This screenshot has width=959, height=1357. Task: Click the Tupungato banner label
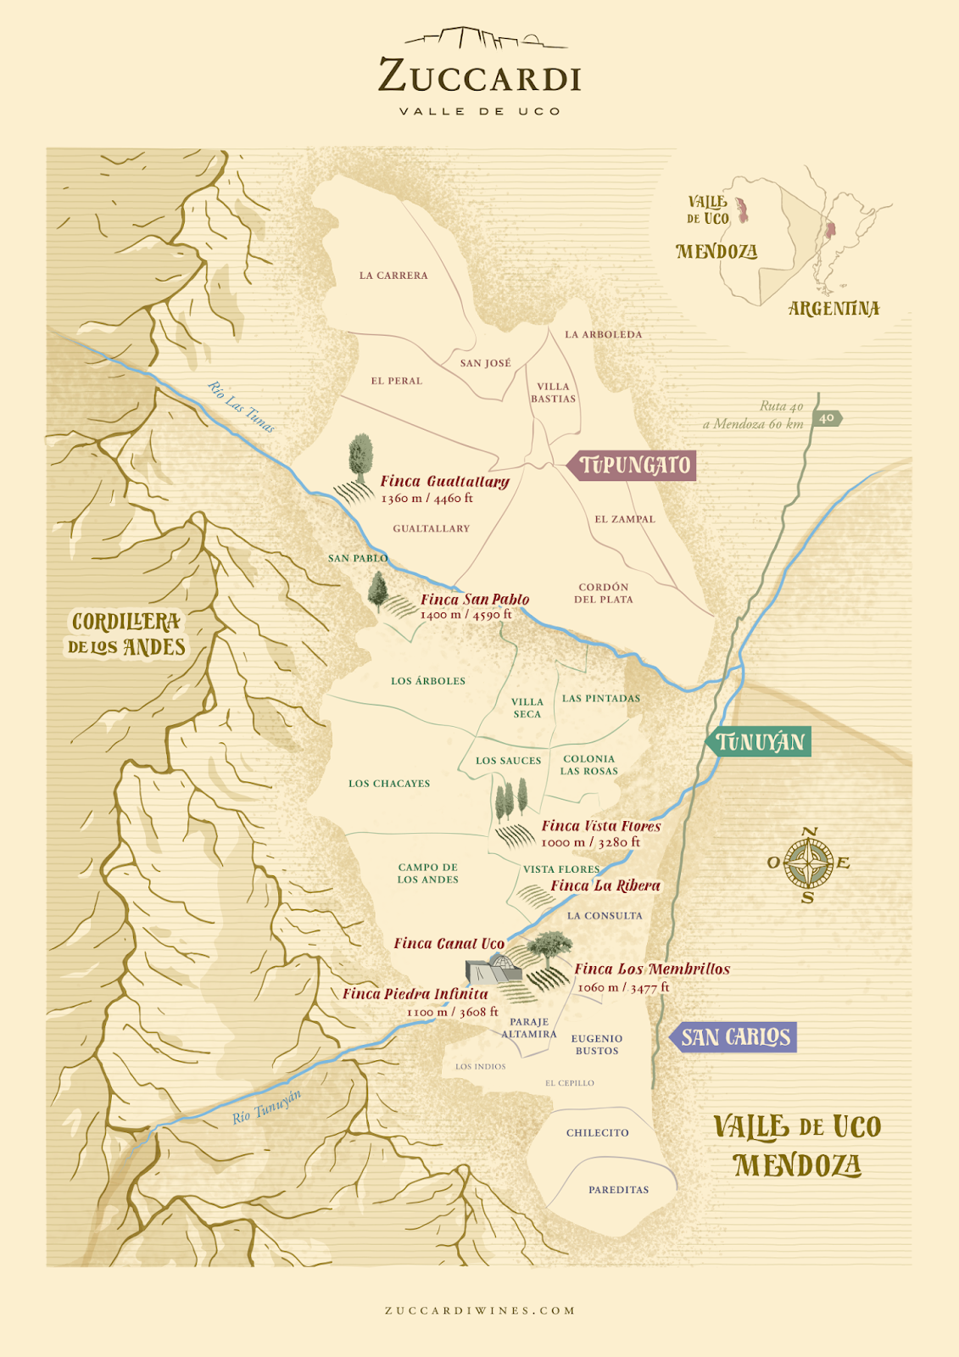click(634, 466)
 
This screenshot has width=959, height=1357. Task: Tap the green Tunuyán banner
click(760, 742)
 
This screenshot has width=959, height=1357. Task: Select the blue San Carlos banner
click(735, 1037)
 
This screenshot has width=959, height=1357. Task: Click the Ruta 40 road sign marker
click(827, 418)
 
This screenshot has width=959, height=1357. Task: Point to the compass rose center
click(808, 863)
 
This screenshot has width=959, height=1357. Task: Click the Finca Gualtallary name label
click(444, 482)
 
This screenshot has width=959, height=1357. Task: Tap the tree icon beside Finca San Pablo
click(377, 590)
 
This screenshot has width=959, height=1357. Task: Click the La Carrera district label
click(393, 276)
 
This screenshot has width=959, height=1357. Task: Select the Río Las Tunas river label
click(242, 407)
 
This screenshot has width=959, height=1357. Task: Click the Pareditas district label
click(618, 1190)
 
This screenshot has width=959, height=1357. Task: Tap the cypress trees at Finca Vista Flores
click(511, 800)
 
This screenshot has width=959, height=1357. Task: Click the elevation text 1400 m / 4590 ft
click(466, 615)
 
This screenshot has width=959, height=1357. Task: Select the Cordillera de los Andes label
click(127, 634)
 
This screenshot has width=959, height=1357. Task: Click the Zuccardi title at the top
click(480, 76)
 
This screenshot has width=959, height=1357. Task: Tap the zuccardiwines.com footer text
click(480, 1310)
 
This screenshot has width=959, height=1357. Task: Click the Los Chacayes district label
click(389, 784)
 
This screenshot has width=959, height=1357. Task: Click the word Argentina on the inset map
click(834, 309)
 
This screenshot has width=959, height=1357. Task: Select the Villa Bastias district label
click(553, 393)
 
